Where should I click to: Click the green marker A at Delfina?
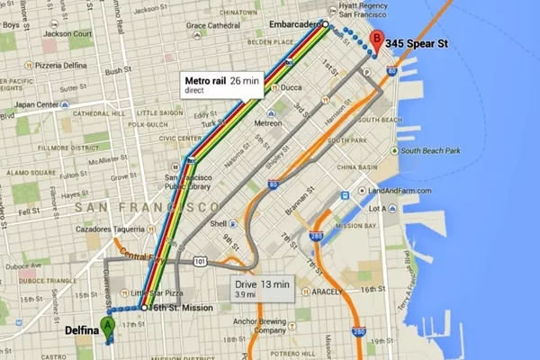click(x=108, y=328)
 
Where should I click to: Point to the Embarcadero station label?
click(x=294, y=24)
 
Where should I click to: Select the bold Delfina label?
click(x=82, y=330)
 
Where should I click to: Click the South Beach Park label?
click(x=433, y=150)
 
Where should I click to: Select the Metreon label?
click(x=267, y=123)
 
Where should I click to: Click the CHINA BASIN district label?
click(x=358, y=168)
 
